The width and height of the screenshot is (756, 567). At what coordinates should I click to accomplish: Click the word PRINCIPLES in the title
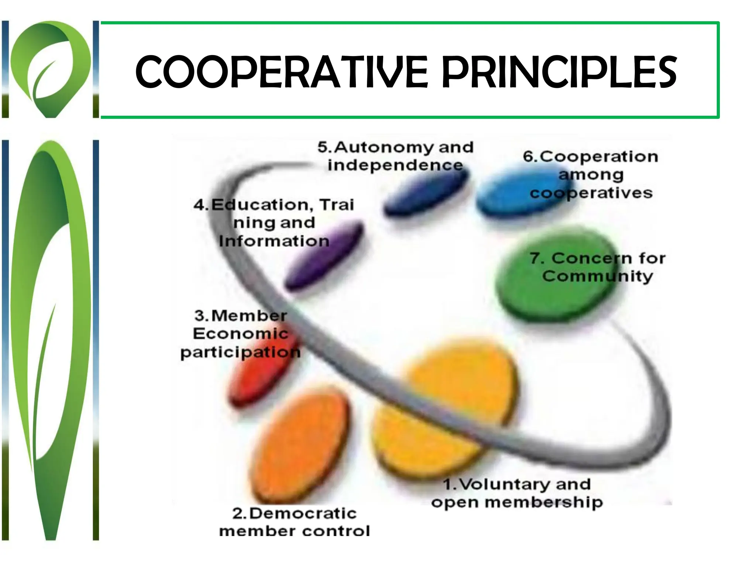coord(559,72)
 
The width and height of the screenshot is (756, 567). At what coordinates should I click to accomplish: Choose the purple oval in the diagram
coord(325,255)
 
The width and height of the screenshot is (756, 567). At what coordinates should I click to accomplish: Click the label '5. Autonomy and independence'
coord(395,156)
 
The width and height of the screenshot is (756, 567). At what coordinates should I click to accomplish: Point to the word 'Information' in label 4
coord(274,241)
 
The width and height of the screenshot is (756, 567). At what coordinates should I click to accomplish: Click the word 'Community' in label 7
coord(598,276)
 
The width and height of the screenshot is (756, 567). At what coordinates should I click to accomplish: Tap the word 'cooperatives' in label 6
coord(591,193)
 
